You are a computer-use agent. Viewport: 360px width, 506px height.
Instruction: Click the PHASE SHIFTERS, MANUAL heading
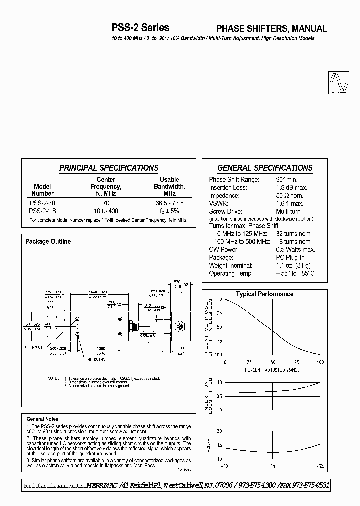click(271, 29)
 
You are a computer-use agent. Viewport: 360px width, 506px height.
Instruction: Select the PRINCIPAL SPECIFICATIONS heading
click(109, 168)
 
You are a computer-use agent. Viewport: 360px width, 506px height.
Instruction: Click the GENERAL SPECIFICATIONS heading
click(265, 168)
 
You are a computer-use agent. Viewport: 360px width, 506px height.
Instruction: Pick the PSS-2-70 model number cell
click(43, 203)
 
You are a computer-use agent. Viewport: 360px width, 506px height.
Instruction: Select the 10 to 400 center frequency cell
click(105, 211)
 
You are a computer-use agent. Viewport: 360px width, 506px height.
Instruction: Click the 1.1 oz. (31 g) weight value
click(294, 265)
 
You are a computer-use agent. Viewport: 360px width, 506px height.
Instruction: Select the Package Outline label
click(48, 242)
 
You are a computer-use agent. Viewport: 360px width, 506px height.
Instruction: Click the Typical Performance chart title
click(264, 294)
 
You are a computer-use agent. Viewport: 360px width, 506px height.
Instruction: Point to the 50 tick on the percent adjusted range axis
click(272, 362)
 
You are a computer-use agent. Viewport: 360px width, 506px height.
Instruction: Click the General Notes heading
click(43, 419)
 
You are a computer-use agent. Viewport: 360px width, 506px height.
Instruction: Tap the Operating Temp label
click(231, 273)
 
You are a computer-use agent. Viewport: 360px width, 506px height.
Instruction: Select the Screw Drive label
click(226, 211)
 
